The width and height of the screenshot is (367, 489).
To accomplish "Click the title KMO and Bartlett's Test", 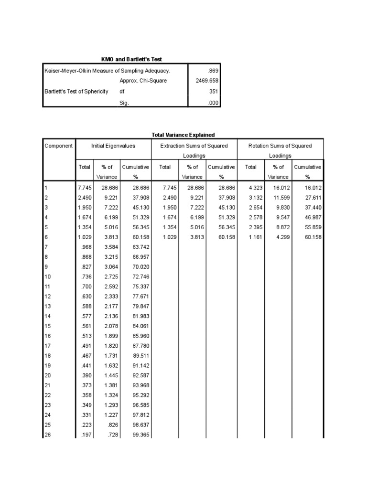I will click(131, 59).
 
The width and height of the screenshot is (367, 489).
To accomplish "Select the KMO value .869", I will click(211, 71).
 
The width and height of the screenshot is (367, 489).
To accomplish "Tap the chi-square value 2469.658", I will click(206, 81).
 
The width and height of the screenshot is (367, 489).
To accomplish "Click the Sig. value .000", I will click(212, 102).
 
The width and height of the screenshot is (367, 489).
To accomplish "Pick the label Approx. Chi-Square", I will click(143, 81).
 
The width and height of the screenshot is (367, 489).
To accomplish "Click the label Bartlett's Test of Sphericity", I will click(76, 91).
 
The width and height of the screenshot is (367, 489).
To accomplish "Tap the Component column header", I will click(58, 146).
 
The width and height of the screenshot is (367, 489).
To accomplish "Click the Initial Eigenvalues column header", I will click(113, 146).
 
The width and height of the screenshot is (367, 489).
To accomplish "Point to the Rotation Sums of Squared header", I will click(280, 146).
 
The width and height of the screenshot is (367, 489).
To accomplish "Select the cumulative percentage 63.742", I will click(140, 247).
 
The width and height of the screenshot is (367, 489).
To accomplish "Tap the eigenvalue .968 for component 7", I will click(84, 247).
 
